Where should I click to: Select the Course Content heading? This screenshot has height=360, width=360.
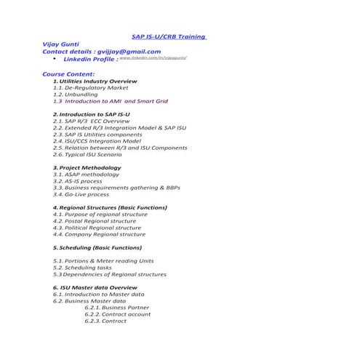point(68,74)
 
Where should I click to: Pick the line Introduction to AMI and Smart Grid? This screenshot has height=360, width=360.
point(109,102)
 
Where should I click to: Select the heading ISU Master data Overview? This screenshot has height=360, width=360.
point(95,287)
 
